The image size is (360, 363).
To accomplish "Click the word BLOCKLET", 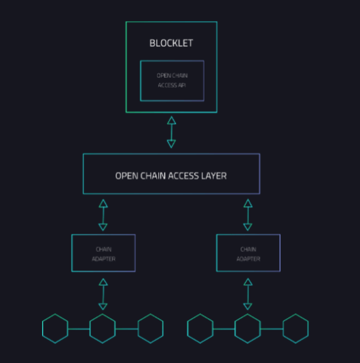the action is click(171, 43).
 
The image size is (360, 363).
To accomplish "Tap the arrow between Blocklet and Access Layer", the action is click(171, 132).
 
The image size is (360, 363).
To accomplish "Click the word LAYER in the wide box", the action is click(214, 176).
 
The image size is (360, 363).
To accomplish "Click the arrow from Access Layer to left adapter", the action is click(103, 215).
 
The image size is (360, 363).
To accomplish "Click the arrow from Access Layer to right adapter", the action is click(248, 215).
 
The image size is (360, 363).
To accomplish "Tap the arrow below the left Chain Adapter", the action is click(103, 294).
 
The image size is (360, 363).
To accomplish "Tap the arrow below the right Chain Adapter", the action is click(248, 294).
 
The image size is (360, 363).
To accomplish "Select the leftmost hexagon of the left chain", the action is click(42, 328).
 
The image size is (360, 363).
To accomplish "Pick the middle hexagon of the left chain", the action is click(90, 328).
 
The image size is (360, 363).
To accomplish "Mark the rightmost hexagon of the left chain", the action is click(138, 328).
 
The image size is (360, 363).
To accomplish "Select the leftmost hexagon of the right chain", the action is click(187, 328).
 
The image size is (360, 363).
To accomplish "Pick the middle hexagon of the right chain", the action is click(235, 328).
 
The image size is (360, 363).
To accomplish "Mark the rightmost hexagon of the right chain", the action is click(283, 328).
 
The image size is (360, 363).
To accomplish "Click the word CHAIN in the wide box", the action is click(153, 176).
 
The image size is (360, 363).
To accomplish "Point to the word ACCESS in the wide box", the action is click(183, 176).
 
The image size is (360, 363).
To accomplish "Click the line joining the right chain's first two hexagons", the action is click(223, 329).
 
